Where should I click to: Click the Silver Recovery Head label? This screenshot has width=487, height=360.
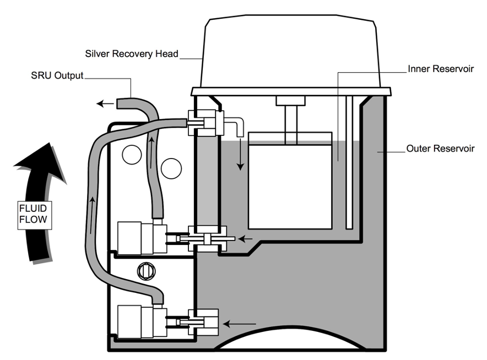click(x=132, y=54)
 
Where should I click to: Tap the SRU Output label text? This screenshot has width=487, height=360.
click(x=57, y=75)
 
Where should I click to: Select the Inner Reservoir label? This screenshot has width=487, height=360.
click(x=441, y=69)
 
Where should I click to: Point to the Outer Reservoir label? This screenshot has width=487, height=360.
click(x=440, y=148)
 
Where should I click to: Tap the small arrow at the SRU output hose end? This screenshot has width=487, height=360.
click(x=105, y=103)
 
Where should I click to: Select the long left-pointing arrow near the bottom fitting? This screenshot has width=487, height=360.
click(x=240, y=324)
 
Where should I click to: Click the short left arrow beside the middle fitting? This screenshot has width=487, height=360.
click(x=246, y=239)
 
